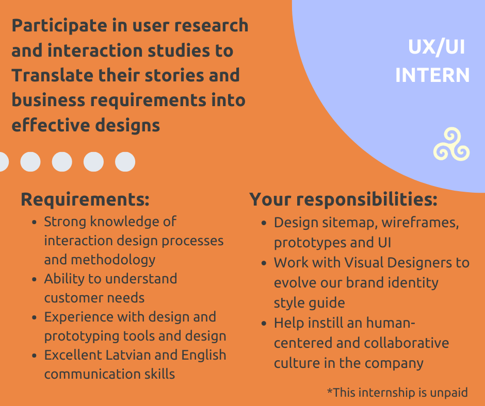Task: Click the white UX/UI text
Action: [x=436, y=47]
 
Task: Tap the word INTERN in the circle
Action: [x=432, y=75]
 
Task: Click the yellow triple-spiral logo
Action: [x=451, y=145]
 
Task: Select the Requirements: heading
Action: [x=85, y=199]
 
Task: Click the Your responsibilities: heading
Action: [x=343, y=199]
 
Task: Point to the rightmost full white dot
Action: [x=125, y=162]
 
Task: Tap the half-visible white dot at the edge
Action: [x=4, y=162]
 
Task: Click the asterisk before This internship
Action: [x=330, y=391]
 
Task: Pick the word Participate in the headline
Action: [x=59, y=26]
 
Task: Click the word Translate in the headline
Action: [x=52, y=75]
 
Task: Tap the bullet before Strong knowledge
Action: [x=35, y=222]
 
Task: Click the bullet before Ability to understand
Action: [x=35, y=279]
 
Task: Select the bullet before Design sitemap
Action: [x=264, y=223]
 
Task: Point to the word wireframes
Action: [x=420, y=223]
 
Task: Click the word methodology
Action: [x=113, y=260]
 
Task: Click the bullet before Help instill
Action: [x=264, y=324]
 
